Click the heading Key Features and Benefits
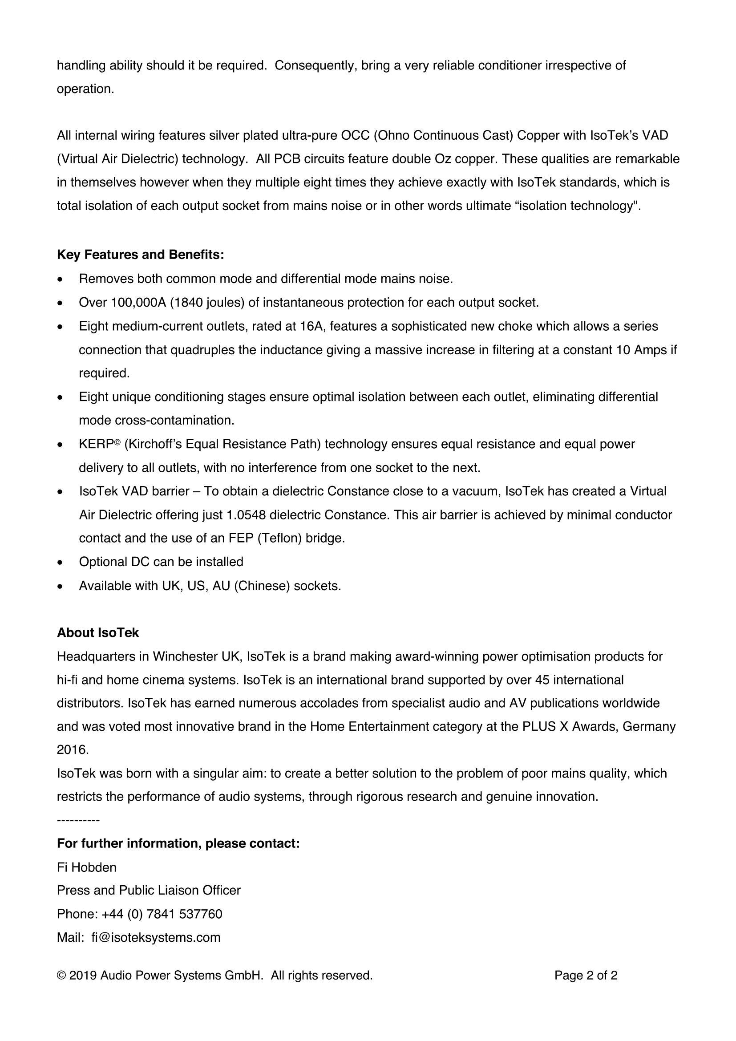click(x=141, y=255)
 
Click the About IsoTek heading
click(x=98, y=632)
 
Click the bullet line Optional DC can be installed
click(x=161, y=562)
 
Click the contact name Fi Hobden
click(x=87, y=867)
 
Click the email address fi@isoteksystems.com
click(x=156, y=938)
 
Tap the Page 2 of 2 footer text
click(x=586, y=975)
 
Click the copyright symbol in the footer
click(x=61, y=975)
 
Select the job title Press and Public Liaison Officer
click(x=149, y=891)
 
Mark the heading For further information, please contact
click(x=178, y=844)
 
